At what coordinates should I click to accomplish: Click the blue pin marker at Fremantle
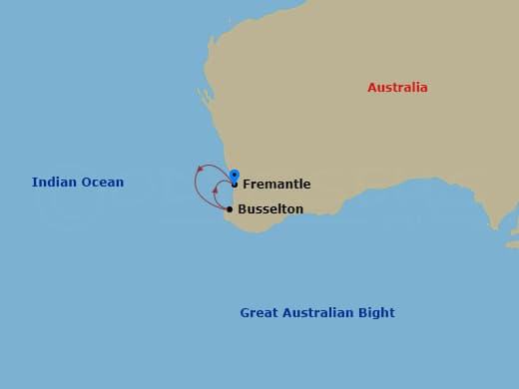(x=234, y=176)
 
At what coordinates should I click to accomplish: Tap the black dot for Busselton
(x=230, y=209)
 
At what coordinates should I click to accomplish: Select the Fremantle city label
(x=276, y=185)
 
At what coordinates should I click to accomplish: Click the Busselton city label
(x=270, y=209)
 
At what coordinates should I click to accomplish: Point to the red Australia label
(x=397, y=88)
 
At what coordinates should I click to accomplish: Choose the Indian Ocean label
(x=78, y=183)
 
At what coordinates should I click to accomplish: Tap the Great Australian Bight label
(x=317, y=313)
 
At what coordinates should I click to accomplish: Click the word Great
(x=258, y=313)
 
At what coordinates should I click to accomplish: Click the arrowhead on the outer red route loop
(x=201, y=168)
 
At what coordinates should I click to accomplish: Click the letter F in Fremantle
(x=247, y=185)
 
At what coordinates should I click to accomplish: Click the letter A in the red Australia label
(x=372, y=88)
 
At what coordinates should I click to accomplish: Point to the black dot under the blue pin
(x=234, y=185)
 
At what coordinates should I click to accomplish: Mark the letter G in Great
(x=246, y=313)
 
